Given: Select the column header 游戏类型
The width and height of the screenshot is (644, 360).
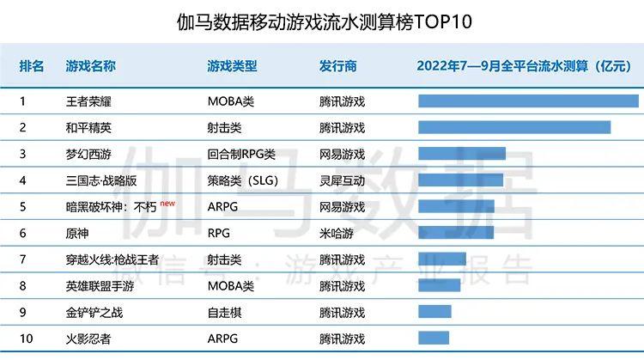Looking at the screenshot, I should (232, 66).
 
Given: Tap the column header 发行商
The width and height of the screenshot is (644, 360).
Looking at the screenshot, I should (337, 66).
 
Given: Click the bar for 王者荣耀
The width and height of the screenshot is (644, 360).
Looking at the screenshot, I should (528, 101).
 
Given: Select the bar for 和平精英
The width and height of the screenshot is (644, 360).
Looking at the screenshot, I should (514, 127).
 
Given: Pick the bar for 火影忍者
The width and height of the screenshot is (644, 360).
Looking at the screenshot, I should (434, 339).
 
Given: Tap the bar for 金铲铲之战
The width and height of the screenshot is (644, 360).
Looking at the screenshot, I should (434, 312).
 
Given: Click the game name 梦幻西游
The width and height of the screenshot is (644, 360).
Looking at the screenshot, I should (88, 155).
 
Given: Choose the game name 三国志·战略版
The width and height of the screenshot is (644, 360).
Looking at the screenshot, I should (100, 181).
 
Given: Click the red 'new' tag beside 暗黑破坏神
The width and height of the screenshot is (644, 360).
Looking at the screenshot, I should (167, 204).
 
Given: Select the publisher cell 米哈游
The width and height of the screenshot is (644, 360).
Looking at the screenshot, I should (336, 233).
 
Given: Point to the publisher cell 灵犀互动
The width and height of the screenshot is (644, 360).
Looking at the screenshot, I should (342, 181).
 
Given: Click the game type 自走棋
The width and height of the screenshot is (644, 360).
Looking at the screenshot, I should (225, 312).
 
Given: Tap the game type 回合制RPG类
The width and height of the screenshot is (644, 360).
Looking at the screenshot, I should (241, 155).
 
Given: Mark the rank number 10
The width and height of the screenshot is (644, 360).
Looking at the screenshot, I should (26, 339).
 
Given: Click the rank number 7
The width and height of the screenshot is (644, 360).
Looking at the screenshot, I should (23, 259).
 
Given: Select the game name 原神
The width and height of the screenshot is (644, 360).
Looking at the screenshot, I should (77, 233).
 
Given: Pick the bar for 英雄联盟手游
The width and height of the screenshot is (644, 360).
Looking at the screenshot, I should (439, 285).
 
